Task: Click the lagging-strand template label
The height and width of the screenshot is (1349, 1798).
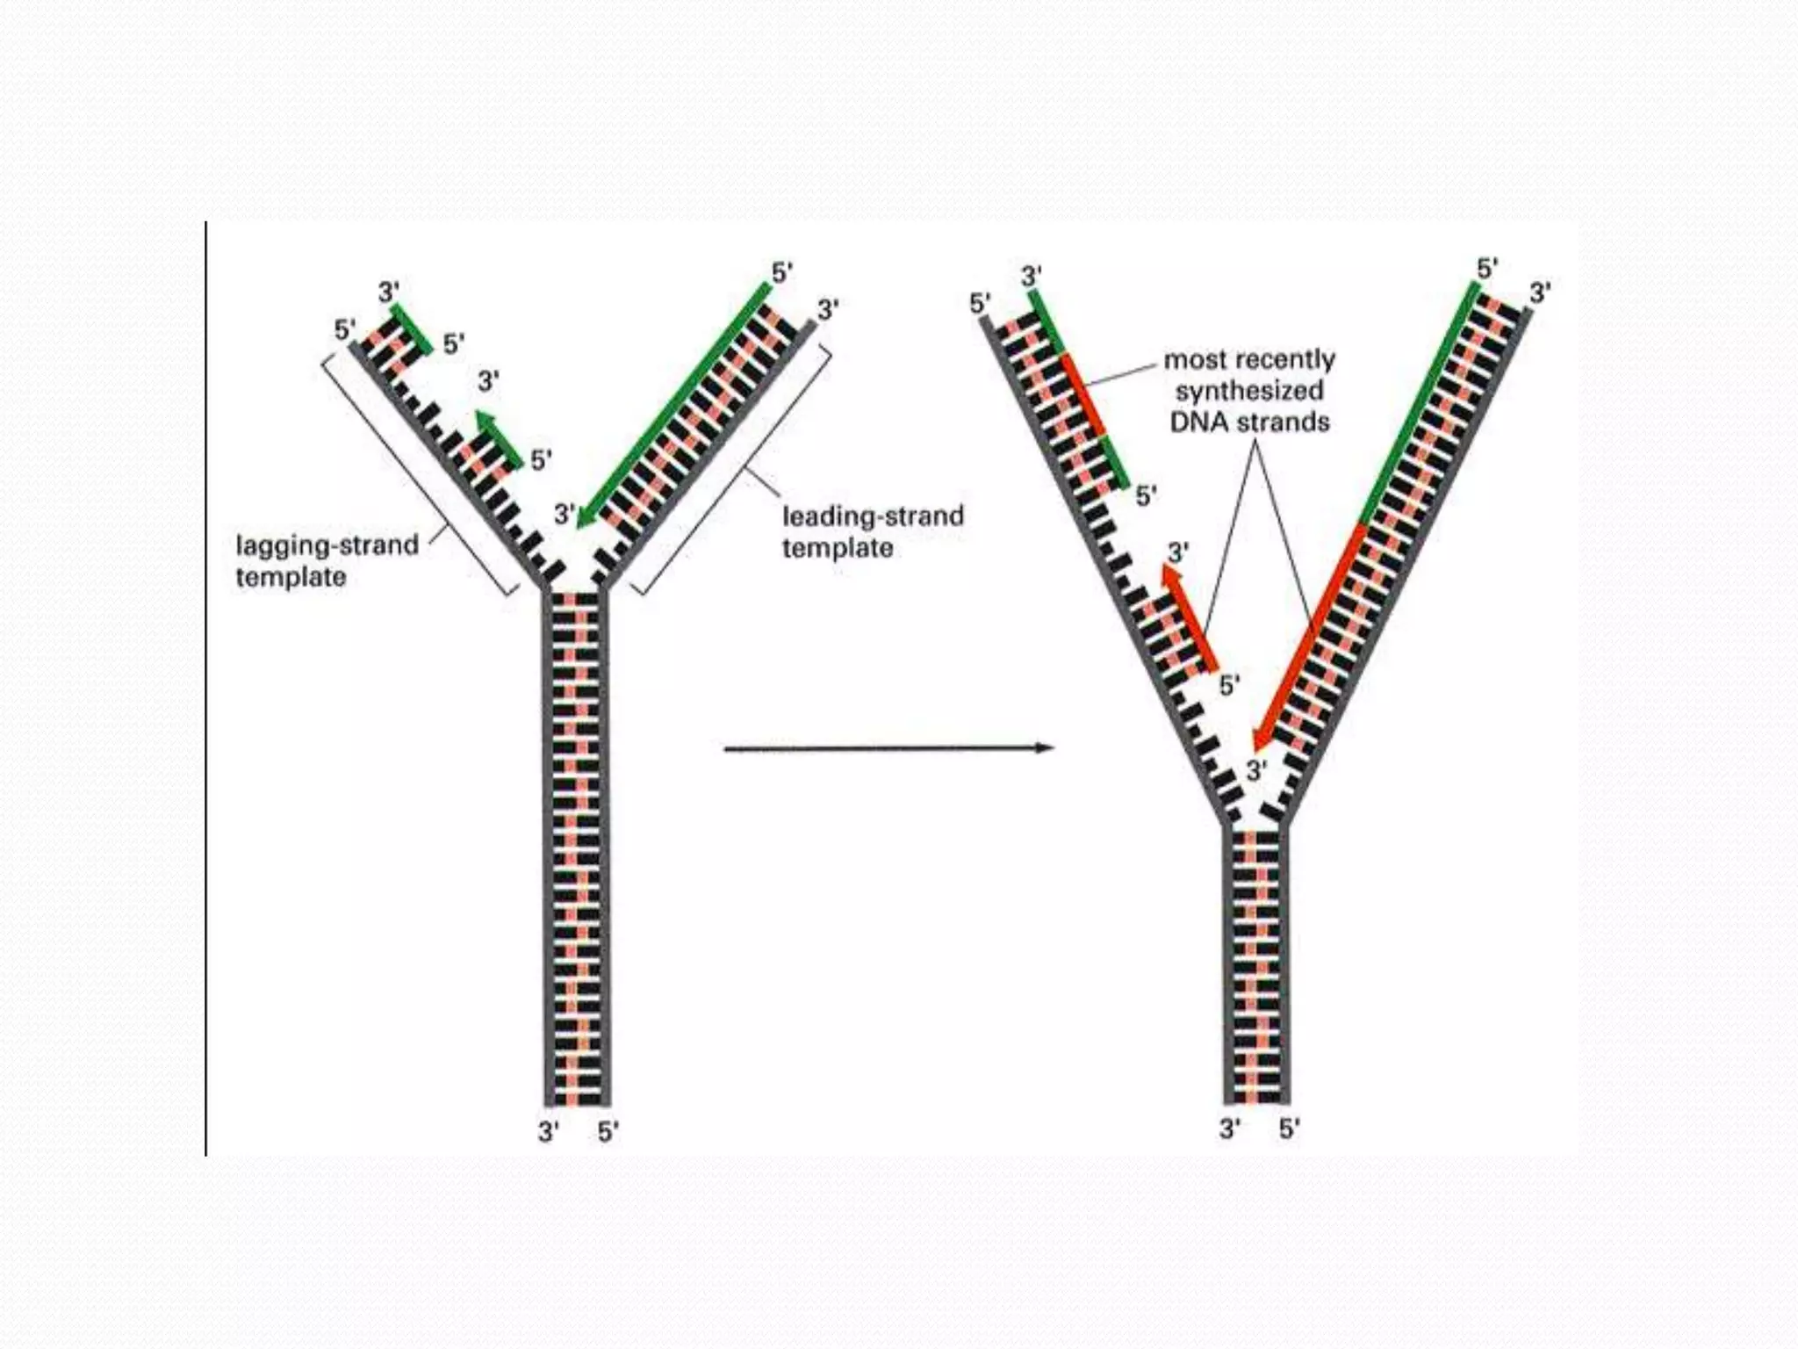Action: pos(326,560)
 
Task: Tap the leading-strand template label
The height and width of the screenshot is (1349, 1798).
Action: pos(872,531)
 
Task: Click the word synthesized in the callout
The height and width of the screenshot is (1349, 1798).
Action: pos(1248,391)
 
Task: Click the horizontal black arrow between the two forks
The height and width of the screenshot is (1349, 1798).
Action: pos(887,748)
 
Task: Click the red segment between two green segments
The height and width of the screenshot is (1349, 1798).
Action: pos(1083,394)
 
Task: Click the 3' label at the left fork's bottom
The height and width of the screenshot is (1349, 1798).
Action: pos(549,1132)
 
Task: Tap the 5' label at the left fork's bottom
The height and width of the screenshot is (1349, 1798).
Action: pos(608,1132)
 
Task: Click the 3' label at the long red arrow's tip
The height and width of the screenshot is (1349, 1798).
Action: pos(1256,771)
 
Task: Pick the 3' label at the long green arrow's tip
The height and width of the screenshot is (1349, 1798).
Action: pos(565,514)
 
